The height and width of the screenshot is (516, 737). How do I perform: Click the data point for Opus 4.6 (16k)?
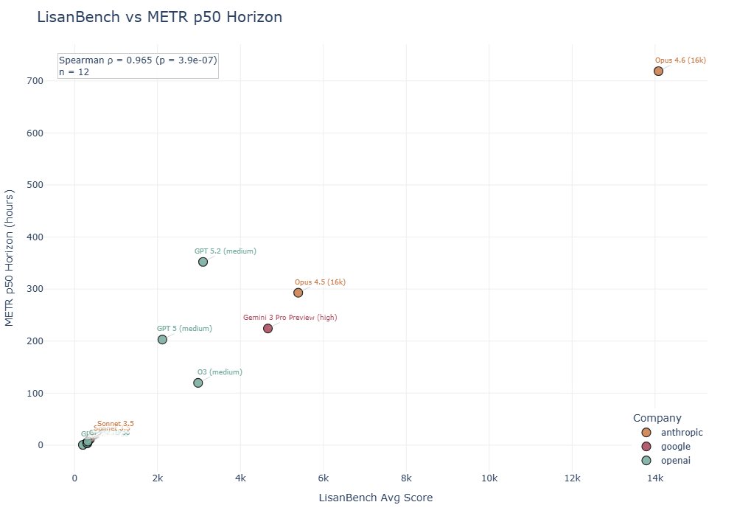658,72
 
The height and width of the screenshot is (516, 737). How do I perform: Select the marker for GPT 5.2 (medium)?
203,262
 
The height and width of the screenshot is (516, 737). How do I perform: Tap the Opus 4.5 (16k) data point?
298,293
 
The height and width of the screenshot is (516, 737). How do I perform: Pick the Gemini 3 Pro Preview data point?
268,328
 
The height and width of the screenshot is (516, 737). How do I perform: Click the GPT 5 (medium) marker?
162,339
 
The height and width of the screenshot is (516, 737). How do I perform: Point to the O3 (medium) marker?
198,383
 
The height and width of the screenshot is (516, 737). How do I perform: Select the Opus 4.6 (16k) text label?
680,60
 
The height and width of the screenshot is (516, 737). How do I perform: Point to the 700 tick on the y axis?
49,81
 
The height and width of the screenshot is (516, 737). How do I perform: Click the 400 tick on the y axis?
49,237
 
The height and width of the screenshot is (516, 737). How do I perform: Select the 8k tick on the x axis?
406,478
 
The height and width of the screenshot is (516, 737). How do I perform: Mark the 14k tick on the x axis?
655,478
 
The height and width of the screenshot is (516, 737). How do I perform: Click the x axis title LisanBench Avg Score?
375,498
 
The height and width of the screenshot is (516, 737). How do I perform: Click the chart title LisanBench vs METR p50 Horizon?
159,17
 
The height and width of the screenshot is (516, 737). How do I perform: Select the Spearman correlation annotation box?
138,66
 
